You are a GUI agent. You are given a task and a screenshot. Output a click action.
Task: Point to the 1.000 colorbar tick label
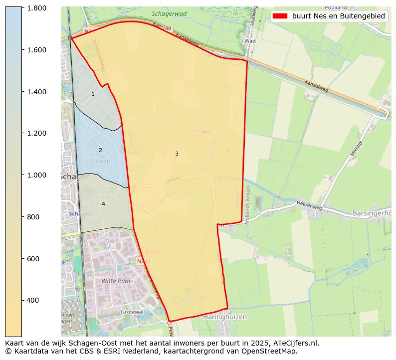pos(36,175)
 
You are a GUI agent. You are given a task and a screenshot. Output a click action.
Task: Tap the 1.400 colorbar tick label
pos(36,92)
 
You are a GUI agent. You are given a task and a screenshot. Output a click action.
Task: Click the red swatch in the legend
pos(280,16)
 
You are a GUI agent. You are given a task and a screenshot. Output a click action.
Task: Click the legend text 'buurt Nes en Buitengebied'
pos(339,16)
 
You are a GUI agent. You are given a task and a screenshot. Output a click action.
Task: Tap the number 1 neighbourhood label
pos(93,94)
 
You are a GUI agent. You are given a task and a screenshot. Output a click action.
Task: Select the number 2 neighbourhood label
pos(100,150)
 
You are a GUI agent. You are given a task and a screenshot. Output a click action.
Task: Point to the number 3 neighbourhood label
pos(177,154)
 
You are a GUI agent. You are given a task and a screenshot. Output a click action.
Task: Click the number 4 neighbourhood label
pos(103,204)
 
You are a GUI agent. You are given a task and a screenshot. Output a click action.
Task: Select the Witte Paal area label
pos(116,281)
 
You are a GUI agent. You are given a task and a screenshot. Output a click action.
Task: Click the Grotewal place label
pos(132,312)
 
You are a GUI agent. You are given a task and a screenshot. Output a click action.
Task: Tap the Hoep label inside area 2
pos(102,161)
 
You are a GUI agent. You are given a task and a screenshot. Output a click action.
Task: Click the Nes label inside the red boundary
pos(206,132)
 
